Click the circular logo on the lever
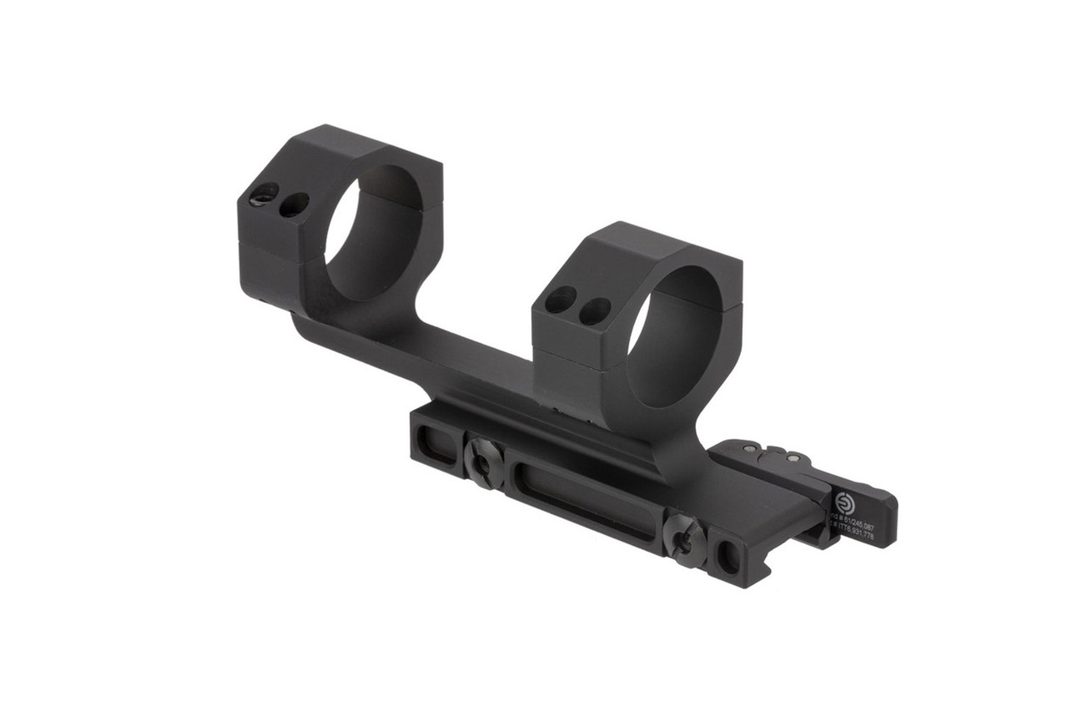(844, 502)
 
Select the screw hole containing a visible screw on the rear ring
(264, 194)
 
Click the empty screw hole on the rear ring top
(294, 205)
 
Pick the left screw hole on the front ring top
(561, 300)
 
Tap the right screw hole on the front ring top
(594, 311)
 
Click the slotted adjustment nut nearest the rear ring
(484, 464)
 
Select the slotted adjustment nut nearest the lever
(683, 541)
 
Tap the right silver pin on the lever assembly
(793, 458)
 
